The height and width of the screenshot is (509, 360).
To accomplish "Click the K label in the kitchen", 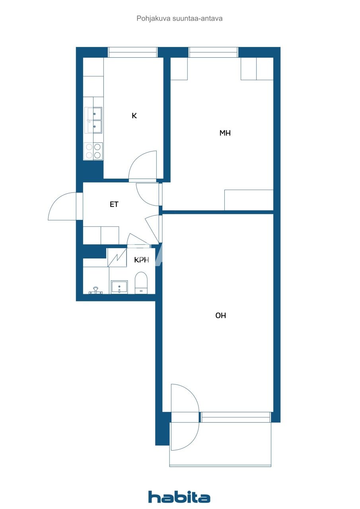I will pyautogui.click(x=134, y=116).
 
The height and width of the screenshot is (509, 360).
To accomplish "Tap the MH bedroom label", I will pyautogui.click(x=225, y=133).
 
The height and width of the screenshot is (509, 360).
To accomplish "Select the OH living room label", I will pyautogui.click(x=221, y=315).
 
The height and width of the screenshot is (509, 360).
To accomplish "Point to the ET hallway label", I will pyautogui.click(x=114, y=205).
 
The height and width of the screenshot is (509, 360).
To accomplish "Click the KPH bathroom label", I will pyautogui.click(x=142, y=260).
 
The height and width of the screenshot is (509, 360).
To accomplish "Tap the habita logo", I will pyautogui.click(x=179, y=497).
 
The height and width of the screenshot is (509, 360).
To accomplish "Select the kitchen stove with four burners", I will pyautogui.click(x=93, y=151).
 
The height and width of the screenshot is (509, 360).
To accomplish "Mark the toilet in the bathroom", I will pyautogui.click(x=141, y=282).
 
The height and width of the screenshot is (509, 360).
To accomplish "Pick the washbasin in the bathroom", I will pyautogui.click(x=119, y=286).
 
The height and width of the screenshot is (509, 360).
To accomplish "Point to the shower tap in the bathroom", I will pyautogui.click(x=95, y=290).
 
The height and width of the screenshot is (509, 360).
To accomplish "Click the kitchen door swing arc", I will pyautogui.click(x=143, y=165).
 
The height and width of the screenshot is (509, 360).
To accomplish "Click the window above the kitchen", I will pyautogui.click(x=132, y=52).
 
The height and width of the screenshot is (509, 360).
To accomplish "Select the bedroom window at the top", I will pyautogui.click(x=213, y=52).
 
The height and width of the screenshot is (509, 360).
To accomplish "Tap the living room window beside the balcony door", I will pyautogui.click(x=235, y=417).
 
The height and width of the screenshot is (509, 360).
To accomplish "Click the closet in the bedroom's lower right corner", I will pyautogui.click(x=249, y=200).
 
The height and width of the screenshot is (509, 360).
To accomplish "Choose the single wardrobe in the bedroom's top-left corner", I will pyautogui.click(x=179, y=68).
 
